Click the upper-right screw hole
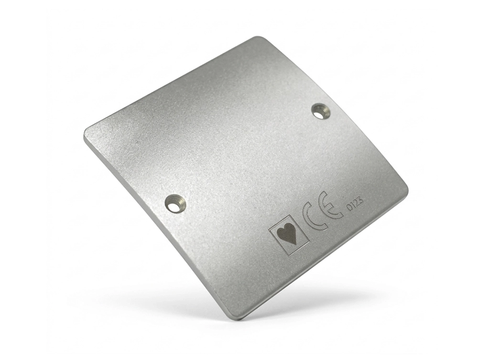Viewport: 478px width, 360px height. point(321,111)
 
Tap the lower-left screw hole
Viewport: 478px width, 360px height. point(175,203)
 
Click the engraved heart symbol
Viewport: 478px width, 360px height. point(287,234)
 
